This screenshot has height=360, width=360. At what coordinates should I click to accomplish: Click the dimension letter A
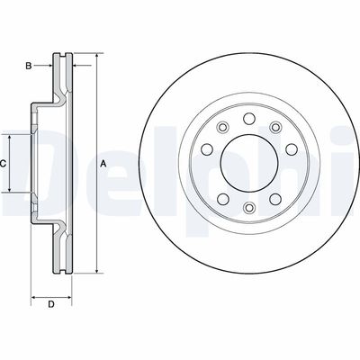[x=103, y=164]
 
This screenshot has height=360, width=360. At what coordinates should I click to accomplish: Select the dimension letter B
[x=30, y=67]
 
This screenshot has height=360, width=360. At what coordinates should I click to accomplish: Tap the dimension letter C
[x=4, y=164]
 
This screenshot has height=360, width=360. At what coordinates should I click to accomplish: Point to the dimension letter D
[x=51, y=304]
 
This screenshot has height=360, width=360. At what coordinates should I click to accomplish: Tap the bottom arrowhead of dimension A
[x=94, y=271]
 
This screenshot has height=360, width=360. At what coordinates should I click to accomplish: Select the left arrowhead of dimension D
[x=34, y=296]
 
